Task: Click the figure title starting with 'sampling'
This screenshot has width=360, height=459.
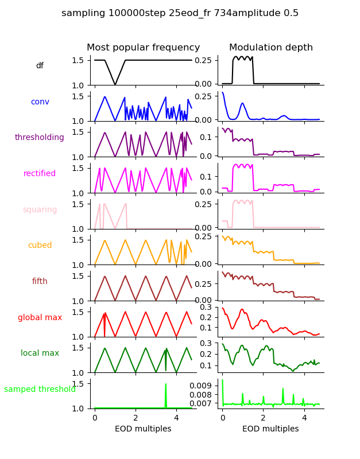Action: coord(180,13)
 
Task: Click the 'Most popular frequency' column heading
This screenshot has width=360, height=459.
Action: coord(143,48)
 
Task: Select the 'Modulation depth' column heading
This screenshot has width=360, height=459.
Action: coord(270,48)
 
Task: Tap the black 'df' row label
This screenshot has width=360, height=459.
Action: coord(40,66)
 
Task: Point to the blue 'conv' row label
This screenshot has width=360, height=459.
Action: coord(40,102)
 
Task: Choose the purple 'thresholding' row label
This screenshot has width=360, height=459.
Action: coord(40,138)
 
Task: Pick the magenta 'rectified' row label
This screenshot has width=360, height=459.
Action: coord(40,174)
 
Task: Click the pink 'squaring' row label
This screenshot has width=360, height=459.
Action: coord(40,209)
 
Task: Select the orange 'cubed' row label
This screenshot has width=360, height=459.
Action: coord(40,246)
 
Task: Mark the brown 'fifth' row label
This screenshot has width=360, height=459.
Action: coord(40,282)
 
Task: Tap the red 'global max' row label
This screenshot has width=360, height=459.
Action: coord(40,317)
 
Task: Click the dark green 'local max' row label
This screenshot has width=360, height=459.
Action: coord(40,353)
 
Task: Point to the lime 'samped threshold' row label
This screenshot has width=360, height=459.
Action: coord(40,390)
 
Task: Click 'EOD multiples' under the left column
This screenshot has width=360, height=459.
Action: coord(143,429)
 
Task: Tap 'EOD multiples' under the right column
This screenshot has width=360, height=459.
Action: coord(270,429)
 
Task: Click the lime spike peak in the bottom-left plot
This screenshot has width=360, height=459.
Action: coord(166,384)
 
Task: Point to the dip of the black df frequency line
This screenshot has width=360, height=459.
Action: coord(115,85)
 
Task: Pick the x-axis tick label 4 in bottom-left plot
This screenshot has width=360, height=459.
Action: coord(176,418)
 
